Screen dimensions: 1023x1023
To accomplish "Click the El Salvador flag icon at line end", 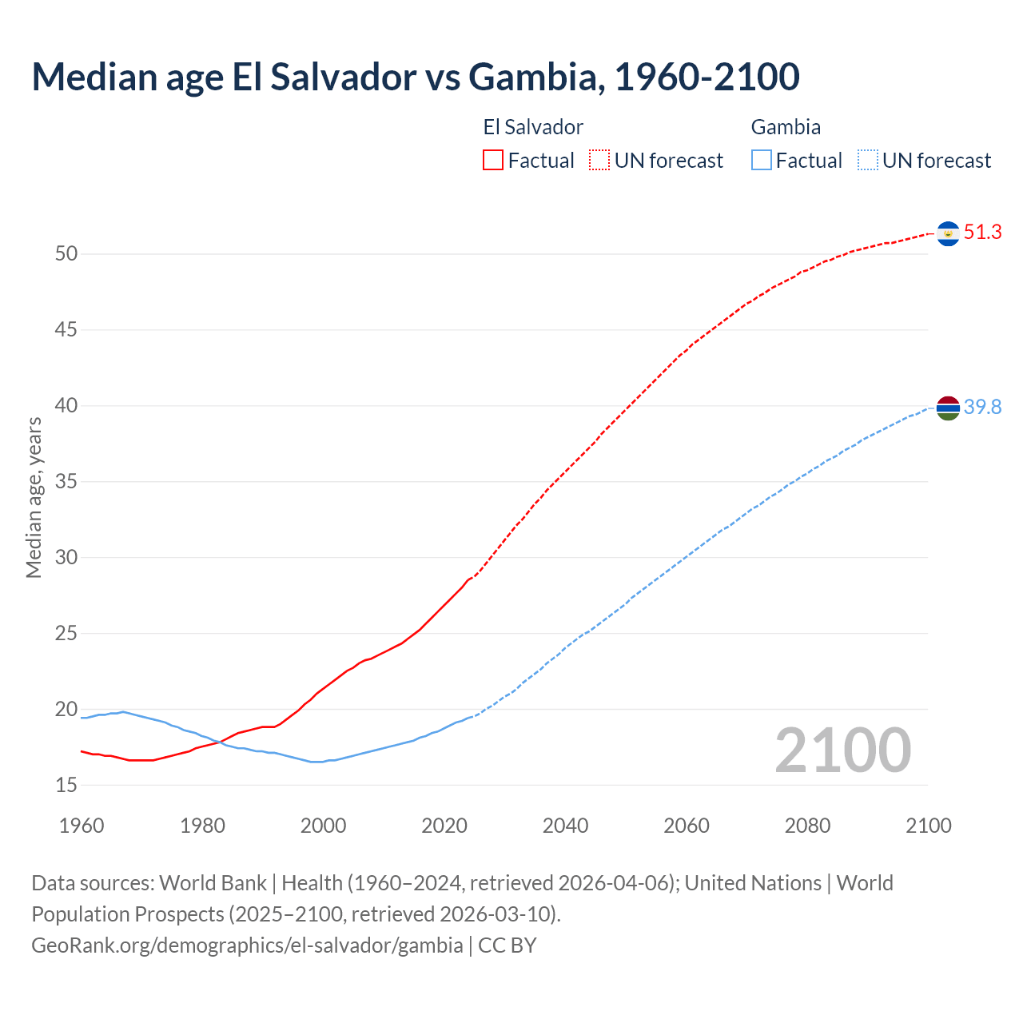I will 948,233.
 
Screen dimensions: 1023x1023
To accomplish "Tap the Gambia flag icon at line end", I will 948,408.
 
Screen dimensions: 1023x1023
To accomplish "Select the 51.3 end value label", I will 982,233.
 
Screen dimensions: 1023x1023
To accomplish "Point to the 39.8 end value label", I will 982,408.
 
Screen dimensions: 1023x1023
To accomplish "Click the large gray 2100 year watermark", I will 842,750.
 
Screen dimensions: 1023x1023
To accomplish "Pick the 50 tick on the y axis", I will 66,254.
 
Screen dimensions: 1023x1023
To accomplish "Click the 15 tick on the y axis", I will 66,785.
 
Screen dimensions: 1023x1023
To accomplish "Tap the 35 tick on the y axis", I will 66,482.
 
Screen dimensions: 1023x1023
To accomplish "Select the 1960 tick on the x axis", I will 82,826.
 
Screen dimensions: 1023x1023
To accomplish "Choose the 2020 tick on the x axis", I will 444,826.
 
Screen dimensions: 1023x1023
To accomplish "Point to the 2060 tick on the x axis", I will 687,826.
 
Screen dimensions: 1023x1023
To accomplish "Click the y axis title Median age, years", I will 34,497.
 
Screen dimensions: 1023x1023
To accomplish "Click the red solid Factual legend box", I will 493,161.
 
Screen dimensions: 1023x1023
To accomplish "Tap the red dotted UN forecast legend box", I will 599,161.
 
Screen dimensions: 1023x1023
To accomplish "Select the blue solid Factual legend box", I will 762,161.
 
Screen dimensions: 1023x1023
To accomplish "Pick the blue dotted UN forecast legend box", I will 868,161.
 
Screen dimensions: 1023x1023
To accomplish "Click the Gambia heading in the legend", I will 786,127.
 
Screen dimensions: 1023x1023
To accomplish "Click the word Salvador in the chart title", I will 343,77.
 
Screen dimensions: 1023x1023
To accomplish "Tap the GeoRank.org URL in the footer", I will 247,945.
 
